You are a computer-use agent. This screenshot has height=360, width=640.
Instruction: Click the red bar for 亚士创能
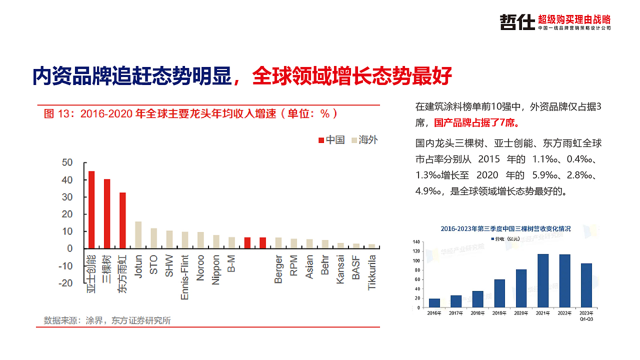pos(91,209)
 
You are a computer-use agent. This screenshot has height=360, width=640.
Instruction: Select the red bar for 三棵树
pos(107,213)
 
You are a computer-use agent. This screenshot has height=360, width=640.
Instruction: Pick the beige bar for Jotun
pos(138,234)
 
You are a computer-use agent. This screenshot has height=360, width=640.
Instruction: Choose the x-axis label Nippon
pos(216,270)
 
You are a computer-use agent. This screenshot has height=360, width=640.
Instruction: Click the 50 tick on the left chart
pos(67,162)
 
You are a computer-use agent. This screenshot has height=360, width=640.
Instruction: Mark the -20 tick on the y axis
pos(65,283)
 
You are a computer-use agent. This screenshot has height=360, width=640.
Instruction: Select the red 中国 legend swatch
pos(321,140)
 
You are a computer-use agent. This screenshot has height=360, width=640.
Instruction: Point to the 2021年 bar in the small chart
pos(542,280)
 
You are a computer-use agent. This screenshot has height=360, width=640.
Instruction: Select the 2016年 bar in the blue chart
pos(434,302)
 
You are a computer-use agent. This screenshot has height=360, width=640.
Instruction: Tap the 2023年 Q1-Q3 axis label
pos(586,315)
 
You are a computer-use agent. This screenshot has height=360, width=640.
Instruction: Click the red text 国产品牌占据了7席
pos(475,122)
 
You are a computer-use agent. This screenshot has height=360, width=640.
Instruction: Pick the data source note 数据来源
pos(107,320)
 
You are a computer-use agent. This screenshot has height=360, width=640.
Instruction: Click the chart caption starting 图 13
pos(190,113)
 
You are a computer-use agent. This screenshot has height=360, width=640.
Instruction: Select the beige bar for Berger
pos(278,242)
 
